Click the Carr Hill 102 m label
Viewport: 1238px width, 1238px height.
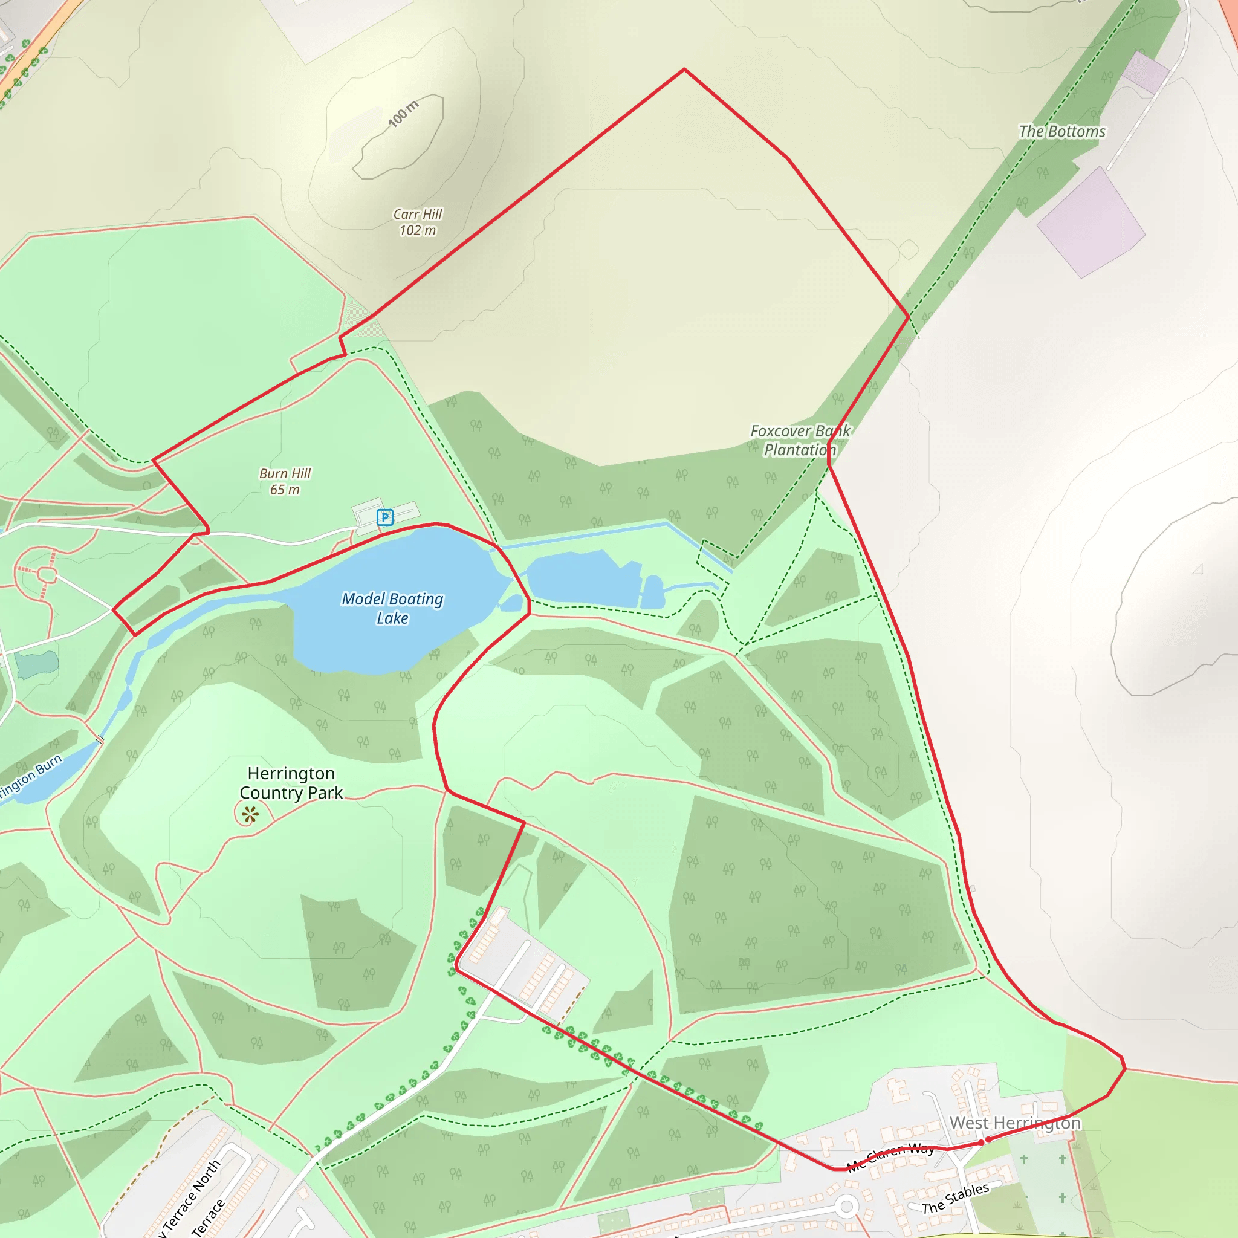click(418, 222)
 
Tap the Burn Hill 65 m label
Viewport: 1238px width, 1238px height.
click(285, 481)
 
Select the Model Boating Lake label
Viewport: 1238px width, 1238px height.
click(392, 608)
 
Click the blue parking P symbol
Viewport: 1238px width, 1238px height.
click(384, 517)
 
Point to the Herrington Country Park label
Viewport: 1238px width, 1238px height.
click(291, 782)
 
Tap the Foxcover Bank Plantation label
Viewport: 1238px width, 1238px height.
click(800, 440)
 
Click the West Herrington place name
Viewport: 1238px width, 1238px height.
click(1015, 1123)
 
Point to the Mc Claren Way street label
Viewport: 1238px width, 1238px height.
click(890, 1157)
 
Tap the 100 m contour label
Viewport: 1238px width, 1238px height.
click(403, 114)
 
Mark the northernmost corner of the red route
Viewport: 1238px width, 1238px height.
click(684, 68)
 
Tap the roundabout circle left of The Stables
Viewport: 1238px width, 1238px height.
click(846, 1207)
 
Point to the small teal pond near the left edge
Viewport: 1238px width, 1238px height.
click(36, 664)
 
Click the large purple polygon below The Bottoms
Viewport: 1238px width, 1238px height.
click(1091, 222)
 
